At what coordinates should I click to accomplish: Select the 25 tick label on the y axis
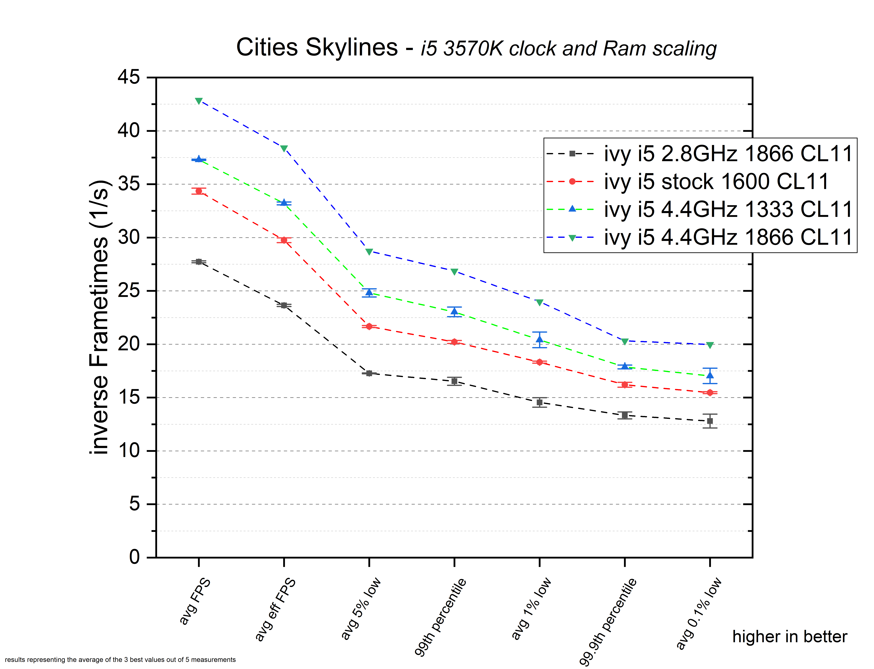click(129, 291)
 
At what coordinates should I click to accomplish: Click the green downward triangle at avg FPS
click(199, 101)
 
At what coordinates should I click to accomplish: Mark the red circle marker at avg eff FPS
click(284, 240)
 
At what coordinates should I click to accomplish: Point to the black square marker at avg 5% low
click(369, 374)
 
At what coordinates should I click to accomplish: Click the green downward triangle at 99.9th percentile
click(625, 342)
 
